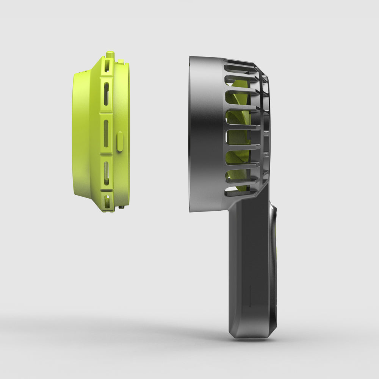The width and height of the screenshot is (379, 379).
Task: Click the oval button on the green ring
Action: pyautogui.click(x=120, y=141)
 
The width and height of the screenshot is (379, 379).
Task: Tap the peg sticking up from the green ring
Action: pyautogui.click(x=110, y=55)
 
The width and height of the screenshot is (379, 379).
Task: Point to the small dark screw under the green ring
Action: pyautogui.click(x=121, y=207)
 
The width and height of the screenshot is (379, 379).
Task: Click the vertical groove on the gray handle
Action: pyautogui.click(x=249, y=296)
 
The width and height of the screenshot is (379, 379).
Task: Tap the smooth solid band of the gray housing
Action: pyautogui.click(x=207, y=133)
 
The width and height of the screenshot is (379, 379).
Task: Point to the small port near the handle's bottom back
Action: pyautogui.click(x=275, y=299)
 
